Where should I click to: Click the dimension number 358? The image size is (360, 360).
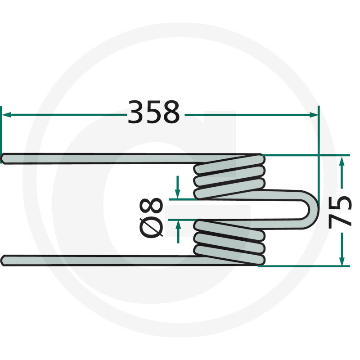click(x=154, y=112)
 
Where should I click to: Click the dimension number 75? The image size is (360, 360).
click(x=341, y=211)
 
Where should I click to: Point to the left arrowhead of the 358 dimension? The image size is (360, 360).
click(x=7, y=115)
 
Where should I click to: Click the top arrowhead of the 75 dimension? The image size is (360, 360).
click(x=342, y=160)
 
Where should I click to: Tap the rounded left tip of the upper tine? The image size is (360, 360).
click(x=4, y=158)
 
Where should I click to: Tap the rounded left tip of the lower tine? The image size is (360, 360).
click(x=4, y=260)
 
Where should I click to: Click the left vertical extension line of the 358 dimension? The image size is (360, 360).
click(x=1, y=130)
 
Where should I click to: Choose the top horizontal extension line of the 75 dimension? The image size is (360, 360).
click(x=306, y=155)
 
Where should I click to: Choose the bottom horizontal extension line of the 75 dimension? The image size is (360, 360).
click(x=306, y=266)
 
